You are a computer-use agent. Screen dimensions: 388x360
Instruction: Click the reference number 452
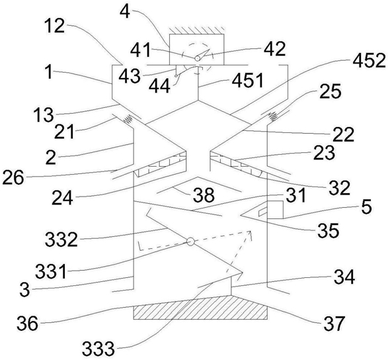369,61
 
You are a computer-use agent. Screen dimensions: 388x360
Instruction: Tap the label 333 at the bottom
98,348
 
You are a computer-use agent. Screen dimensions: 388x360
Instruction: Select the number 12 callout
55,26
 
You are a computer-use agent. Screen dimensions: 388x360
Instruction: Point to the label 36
27,323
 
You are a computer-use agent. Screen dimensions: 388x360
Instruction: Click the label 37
334,323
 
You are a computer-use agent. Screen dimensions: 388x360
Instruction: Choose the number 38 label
204,195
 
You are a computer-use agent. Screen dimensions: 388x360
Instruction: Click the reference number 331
51,271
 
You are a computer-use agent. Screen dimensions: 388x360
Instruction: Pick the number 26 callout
13,177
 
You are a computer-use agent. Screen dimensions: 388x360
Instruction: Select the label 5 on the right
366,206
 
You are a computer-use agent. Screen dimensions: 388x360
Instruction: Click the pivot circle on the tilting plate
190,241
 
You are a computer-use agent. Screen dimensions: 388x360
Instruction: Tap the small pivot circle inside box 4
198,58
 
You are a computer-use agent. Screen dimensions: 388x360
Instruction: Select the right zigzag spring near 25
272,116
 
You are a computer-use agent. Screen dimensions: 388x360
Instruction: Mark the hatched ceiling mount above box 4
197,30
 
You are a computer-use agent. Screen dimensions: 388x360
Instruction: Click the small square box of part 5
276,210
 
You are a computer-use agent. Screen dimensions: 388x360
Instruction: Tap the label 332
61,239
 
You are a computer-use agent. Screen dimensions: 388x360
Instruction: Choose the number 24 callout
62,197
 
